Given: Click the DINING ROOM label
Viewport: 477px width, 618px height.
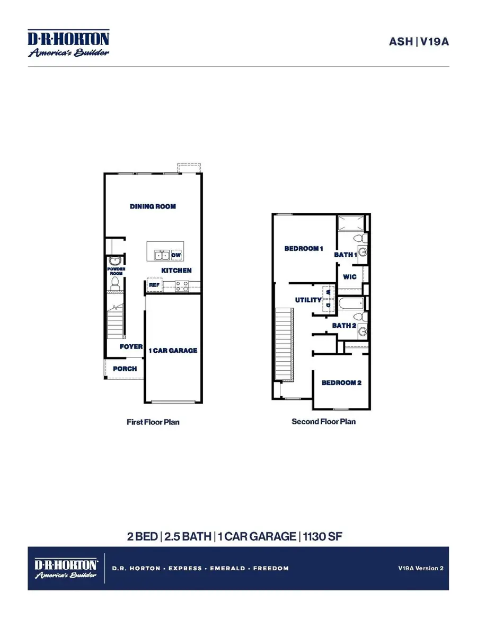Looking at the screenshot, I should tap(153, 206).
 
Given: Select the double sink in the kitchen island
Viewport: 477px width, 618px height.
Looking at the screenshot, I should tap(162, 255).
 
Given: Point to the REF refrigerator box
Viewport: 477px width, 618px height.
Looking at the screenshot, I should tap(154, 285).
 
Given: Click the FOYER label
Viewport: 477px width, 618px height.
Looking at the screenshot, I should tap(131, 346).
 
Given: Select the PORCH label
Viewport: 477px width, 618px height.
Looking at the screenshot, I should tap(125, 368).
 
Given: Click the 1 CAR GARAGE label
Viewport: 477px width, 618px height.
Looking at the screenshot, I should tap(173, 350).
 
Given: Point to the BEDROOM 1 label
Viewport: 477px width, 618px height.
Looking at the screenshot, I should tap(304, 248).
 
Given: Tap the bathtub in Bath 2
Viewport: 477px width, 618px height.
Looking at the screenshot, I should tap(350, 304).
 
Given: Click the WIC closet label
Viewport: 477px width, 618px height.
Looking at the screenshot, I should tap(350, 277).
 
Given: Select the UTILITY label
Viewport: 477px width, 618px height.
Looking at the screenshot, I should tap(308, 300).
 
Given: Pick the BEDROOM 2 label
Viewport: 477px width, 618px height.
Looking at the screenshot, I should tap(341, 382).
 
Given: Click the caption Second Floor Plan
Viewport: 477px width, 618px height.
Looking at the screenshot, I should tap(323, 422).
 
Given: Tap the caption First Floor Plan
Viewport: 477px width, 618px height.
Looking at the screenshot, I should tap(153, 422).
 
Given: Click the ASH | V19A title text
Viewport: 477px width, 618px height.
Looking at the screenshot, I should tap(419, 41).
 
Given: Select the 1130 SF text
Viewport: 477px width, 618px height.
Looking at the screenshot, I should tap(323, 536).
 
